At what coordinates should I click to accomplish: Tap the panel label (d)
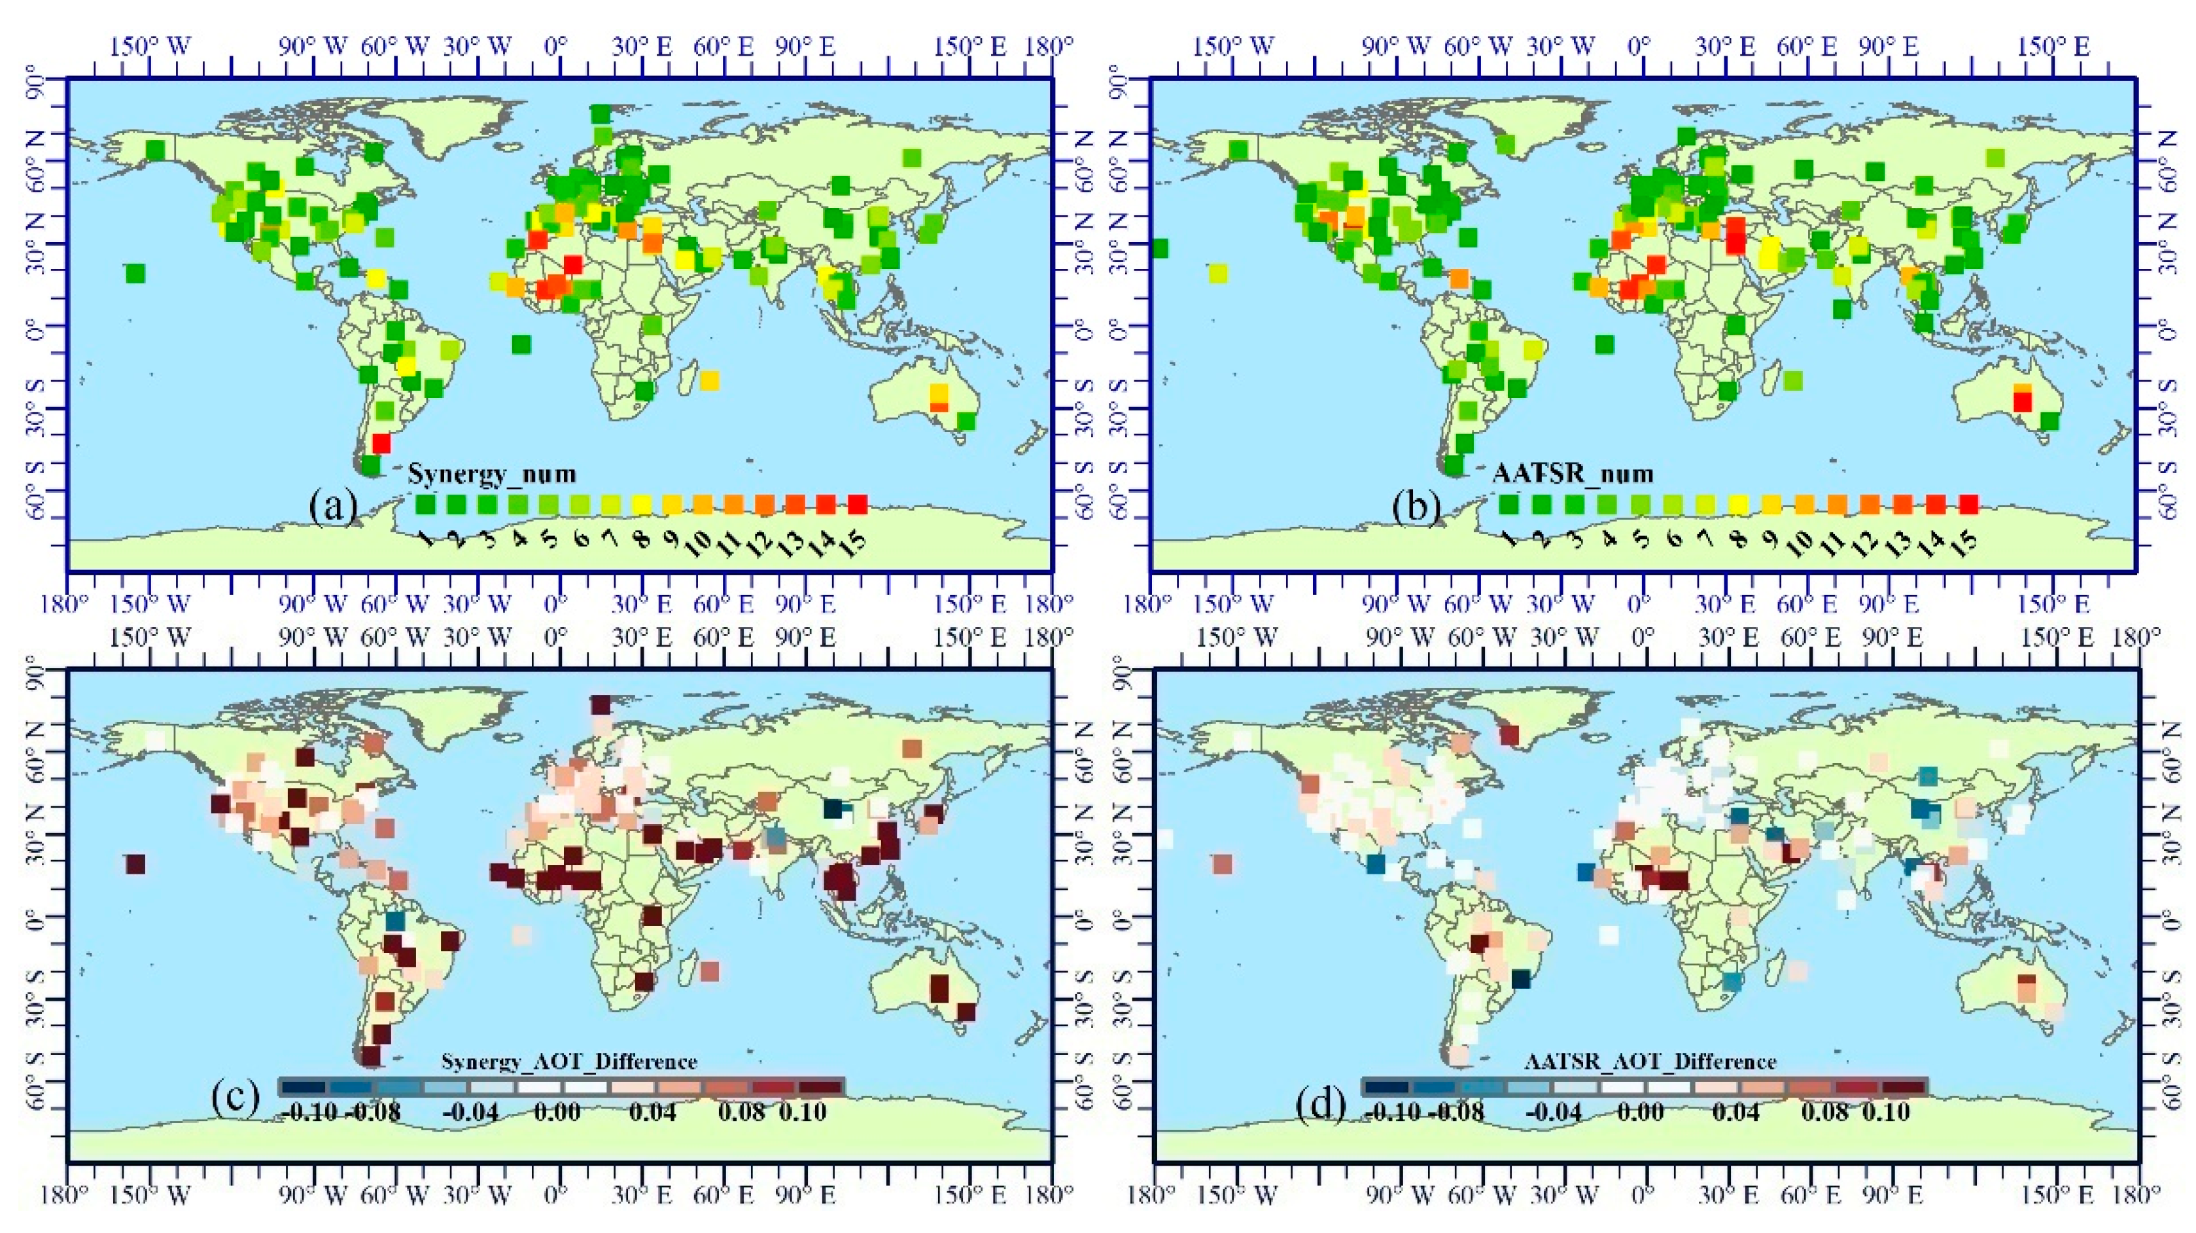pos(1321,1107)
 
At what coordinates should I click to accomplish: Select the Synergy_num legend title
pos(492,473)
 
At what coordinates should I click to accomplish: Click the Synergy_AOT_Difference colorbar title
pos(568,1062)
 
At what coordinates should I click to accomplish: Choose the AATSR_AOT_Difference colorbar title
pos(1650,1062)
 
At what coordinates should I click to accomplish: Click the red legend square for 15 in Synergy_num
pos(858,505)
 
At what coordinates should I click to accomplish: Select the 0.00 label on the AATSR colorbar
pos(1639,1112)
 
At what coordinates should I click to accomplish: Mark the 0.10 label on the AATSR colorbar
pos(1886,1112)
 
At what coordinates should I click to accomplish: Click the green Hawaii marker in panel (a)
pos(135,274)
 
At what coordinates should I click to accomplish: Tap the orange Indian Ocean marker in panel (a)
pos(709,380)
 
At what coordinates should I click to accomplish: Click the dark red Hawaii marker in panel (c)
pos(135,864)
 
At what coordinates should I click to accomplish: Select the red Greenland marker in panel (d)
pos(1510,734)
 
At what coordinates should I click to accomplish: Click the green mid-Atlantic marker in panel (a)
pos(522,344)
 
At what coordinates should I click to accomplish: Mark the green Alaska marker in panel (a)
pos(155,150)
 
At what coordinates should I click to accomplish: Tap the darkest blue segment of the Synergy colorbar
pos(303,1087)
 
